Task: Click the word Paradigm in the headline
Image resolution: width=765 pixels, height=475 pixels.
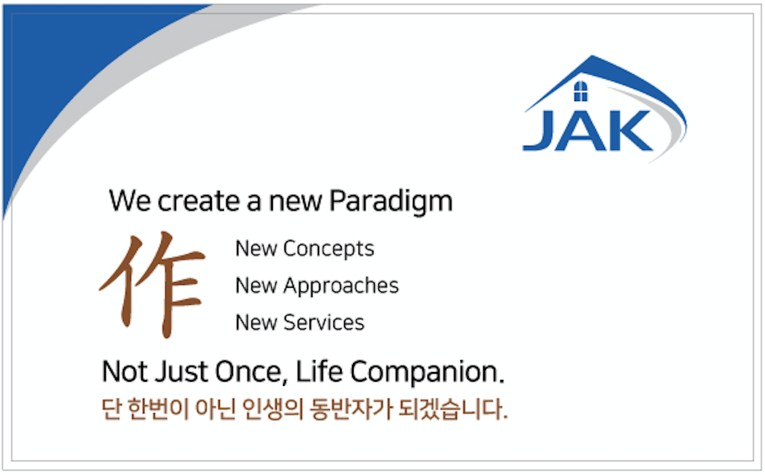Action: pyautogui.click(x=391, y=202)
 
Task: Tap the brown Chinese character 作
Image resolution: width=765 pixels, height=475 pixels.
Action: pyautogui.click(x=152, y=284)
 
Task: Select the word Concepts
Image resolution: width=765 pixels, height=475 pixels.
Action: pyautogui.click(x=329, y=249)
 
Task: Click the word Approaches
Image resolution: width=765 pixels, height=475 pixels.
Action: pyautogui.click(x=341, y=287)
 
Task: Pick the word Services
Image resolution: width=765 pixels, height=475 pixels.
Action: pyautogui.click(x=324, y=323)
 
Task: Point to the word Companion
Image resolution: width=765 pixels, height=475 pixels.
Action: pyautogui.click(x=427, y=372)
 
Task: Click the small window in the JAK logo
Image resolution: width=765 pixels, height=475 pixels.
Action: pyautogui.click(x=581, y=91)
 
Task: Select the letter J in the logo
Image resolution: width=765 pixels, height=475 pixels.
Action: pyautogui.click(x=538, y=130)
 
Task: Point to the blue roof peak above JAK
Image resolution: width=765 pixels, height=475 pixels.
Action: pyautogui.click(x=593, y=58)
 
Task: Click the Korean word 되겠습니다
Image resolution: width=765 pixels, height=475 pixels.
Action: pyautogui.click(x=453, y=409)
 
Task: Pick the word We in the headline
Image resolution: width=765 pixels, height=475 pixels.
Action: pyautogui.click(x=130, y=201)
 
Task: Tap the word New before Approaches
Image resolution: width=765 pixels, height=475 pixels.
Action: pyautogui.click(x=256, y=287)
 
